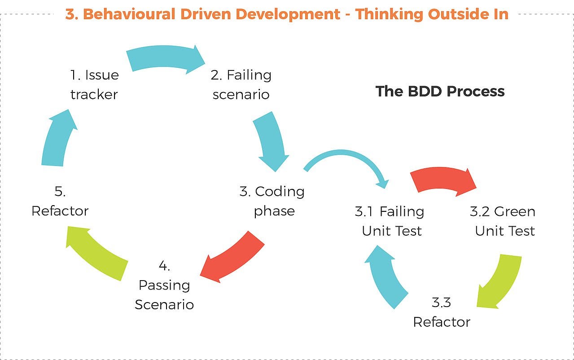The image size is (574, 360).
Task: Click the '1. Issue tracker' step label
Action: tap(94, 84)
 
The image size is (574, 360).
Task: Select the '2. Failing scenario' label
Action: tap(241, 84)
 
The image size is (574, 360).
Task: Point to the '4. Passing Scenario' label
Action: tap(164, 285)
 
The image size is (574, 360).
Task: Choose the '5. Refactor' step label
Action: tap(60, 201)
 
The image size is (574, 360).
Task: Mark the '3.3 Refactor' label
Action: tap(442, 312)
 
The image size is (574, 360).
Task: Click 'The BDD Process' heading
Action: tap(440, 92)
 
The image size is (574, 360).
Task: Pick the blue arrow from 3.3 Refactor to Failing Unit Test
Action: tap(387, 276)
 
